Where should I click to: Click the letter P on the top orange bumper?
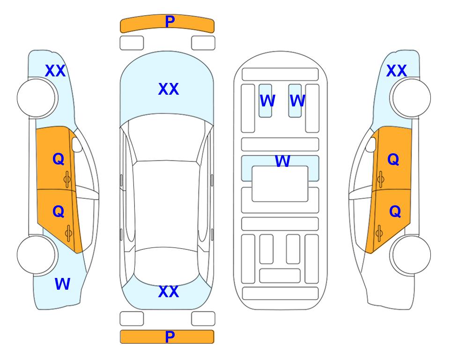[170, 22]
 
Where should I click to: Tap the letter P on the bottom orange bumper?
[170, 337]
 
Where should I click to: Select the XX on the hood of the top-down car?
[169, 89]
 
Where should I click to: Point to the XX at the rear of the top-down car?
[169, 292]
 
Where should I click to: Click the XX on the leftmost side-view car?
[55, 71]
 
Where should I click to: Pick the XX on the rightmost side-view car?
[396, 71]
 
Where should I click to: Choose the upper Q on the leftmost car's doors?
[59, 159]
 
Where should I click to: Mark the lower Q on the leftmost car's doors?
[59, 212]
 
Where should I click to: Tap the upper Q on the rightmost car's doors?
[393, 159]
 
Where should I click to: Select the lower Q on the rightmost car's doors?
[395, 212]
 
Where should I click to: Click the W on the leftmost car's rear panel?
[62, 284]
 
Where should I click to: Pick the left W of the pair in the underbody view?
[267, 101]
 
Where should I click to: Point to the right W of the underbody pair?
[297, 101]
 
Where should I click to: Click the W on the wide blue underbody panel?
[282, 161]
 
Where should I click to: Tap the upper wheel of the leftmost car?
[36, 98]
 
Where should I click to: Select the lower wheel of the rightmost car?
[411, 255]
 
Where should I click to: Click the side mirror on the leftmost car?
[77, 144]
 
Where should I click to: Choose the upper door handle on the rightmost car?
[381, 179]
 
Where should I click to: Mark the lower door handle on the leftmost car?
[68, 233]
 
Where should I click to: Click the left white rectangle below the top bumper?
[132, 43]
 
